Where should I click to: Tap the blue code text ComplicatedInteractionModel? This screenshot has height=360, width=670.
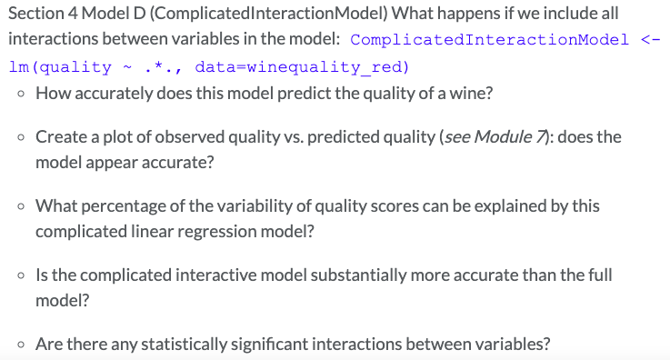[x=488, y=41]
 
